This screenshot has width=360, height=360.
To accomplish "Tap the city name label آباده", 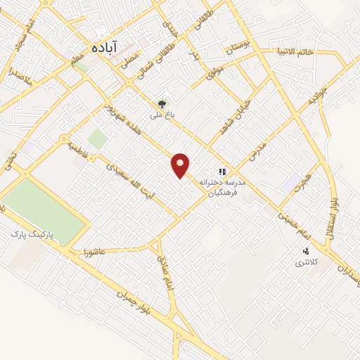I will (106, 48).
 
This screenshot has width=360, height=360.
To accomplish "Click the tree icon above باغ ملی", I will (163, 103).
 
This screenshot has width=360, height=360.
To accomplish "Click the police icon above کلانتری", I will (306, 251).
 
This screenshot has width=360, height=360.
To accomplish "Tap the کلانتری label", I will (305, 262).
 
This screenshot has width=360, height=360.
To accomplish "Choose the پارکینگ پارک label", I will (37, 231).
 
